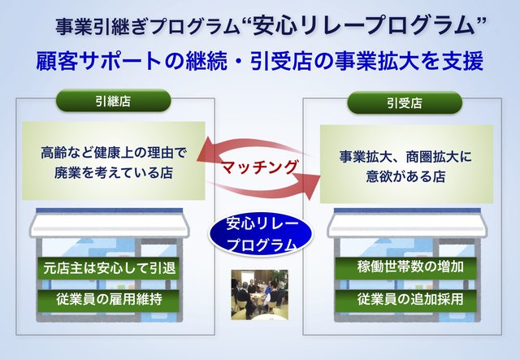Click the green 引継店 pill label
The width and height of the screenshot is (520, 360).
[113, 101]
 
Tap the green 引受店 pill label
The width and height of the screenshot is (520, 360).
[405, 103]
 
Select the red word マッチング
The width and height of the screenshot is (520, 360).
[259, 167]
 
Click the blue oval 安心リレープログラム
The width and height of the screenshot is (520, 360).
[260, 235]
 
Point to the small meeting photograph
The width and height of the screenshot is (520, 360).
[260, 295]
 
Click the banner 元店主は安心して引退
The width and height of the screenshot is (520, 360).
[108, 268]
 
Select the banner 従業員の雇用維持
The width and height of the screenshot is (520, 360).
[108, 300]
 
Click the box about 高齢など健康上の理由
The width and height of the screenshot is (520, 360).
[114, 161]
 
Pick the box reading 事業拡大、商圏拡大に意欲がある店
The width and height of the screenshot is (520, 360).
[406, 164]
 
